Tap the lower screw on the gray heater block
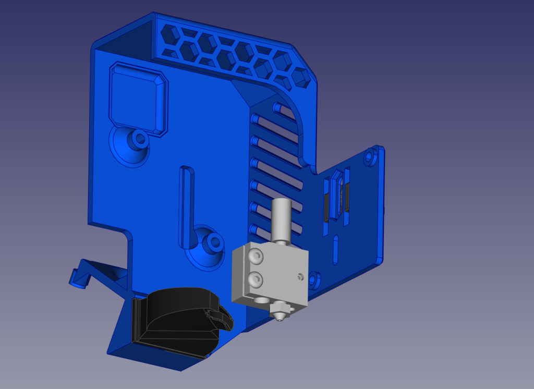tap(256, 280)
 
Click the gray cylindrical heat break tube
tap(281, 218)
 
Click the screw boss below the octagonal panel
tap(139, 139)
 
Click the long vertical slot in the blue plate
tap(186, 206)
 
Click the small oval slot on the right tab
tap(336, 250)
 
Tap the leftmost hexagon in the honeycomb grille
tap(170, 35)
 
